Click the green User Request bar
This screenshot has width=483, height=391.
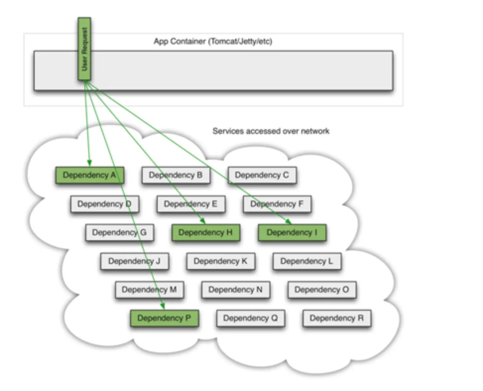click(x=84, y=49)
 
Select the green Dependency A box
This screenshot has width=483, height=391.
click(x=90, y=175)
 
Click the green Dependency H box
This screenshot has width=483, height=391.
click(x=206, y=233)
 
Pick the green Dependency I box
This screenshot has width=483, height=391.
click(x=292, y=233)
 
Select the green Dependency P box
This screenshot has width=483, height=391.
click(x=164, y=318)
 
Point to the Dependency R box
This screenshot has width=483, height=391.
click(x=337, y=318)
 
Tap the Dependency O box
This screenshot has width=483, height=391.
click(x=322, y=290)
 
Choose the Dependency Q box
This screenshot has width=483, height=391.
click(x=251, y=318)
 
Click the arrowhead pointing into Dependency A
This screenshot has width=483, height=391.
click(x=89, y=163)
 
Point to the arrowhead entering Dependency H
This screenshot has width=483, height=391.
click(x=203, y=221)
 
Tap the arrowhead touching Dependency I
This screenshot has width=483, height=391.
click(x=288, y=221)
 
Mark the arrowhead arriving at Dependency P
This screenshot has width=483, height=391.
click(x=163, y=306)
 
